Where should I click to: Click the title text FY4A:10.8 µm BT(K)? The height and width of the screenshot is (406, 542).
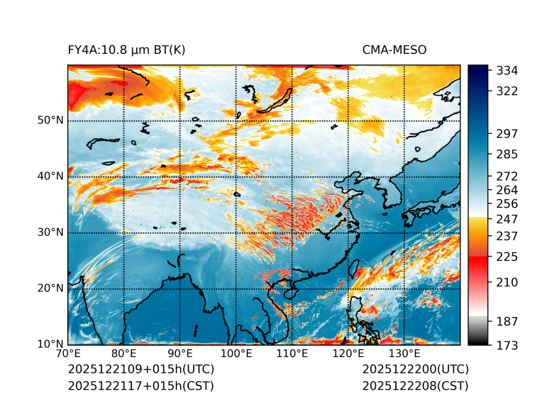pyautogui.click(x=127, y=50)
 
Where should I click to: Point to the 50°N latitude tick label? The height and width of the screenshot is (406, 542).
pyautogui.click(x=50, y=120)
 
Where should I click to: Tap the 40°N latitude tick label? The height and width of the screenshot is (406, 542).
pyautogui.click(x=50, y=176)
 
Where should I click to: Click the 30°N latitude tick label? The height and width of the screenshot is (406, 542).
pyautogui.click(x=50, y=232)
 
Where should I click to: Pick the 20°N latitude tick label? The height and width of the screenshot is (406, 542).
pyautogui.click(x=50, y=288)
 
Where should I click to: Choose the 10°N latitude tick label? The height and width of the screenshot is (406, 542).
pyautogui.click(x=50, y=344)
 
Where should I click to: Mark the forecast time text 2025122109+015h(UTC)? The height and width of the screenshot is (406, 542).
pyautogui.click(x=140, y=370)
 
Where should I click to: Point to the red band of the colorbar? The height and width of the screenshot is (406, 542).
pyautogui.click(x=478, y=261)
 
